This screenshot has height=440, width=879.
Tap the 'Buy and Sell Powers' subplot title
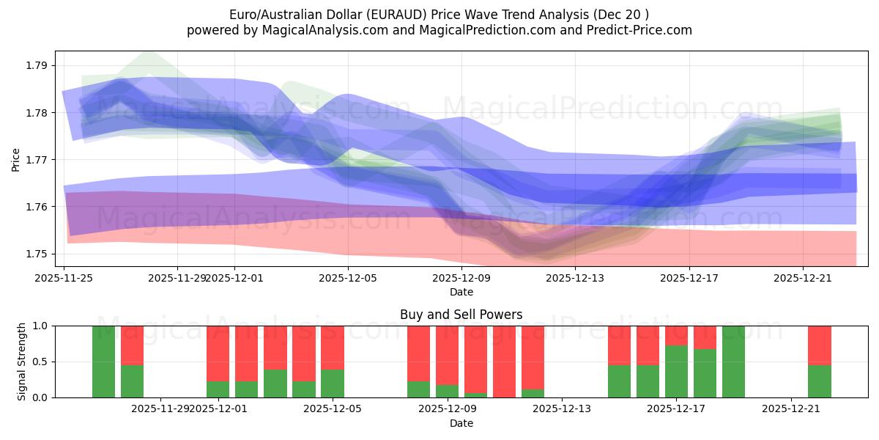coord(461,315)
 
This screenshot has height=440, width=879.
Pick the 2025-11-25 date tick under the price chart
coord(64,278)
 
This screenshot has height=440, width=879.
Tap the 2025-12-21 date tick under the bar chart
coord(791,408)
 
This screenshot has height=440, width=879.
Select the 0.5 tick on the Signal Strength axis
coord(39,362)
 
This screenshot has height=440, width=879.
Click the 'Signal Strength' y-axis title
coord(22,362)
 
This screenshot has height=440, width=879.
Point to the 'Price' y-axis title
coord(16,159)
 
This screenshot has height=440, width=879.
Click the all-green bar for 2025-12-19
coord(733,362)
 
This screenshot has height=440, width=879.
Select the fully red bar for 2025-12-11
coord(504,362)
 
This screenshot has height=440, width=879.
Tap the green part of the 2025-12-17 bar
coord(676,372)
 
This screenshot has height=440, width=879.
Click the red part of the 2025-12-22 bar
coord(819,345)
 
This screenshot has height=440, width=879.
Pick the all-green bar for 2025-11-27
coord(104,362)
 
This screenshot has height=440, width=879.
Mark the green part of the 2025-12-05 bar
coord(333,384)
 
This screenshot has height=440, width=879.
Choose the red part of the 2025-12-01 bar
coord(218,353)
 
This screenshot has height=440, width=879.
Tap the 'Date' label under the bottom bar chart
coord(461,423)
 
